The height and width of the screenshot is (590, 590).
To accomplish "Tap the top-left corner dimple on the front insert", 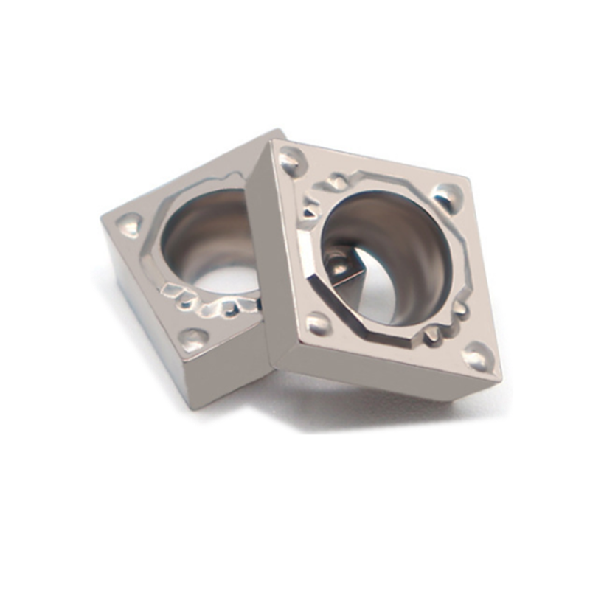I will pos(291,159).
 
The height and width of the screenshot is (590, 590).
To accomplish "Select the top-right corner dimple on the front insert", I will pos(447,196).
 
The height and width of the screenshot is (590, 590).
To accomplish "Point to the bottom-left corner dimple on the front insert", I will pos(318,322).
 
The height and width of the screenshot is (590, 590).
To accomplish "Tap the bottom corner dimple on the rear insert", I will pos(193,339).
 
